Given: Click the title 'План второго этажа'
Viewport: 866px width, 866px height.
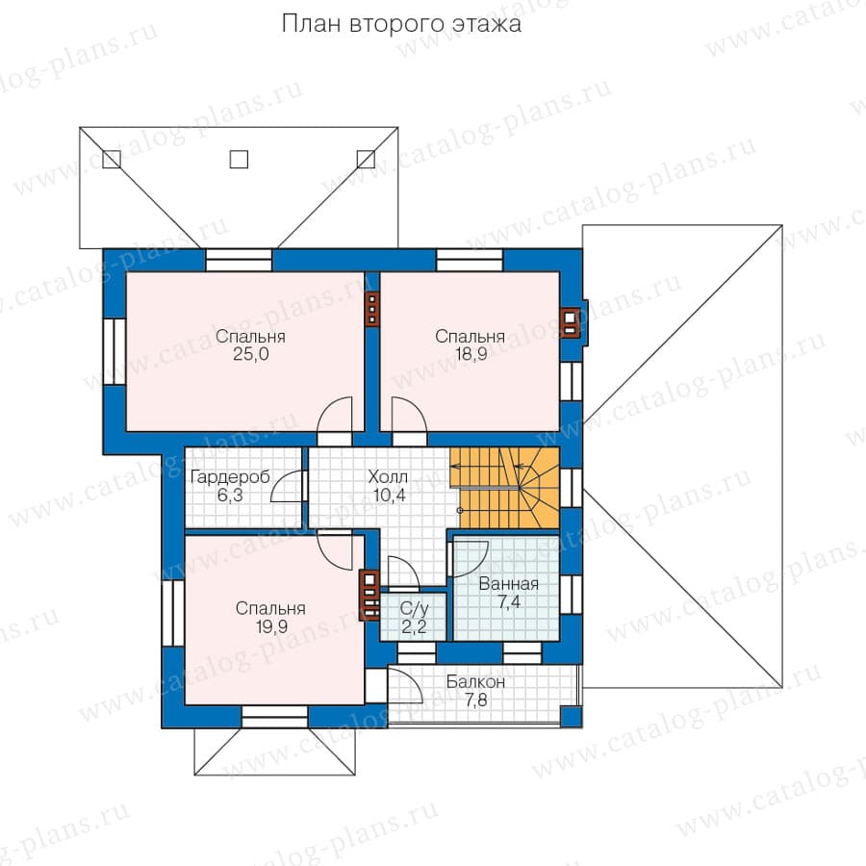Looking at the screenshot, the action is tap(401, 24).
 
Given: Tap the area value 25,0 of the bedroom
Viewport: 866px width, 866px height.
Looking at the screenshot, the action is tap(251, 354).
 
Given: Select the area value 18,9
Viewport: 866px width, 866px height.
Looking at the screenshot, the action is tap(471, 354).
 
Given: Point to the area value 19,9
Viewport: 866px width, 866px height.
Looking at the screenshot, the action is tap(271, 626).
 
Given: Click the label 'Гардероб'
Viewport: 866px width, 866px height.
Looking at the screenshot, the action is tap(230, 477).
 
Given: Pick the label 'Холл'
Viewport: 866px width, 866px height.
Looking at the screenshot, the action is tap(388, 476).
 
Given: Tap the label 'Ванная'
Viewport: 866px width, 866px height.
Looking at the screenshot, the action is tap(509, 584).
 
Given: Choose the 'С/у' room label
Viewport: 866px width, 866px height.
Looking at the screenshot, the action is tap(414, 609).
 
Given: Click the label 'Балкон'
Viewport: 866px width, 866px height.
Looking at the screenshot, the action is tap(475, 682).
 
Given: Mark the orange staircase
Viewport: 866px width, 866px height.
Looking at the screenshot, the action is tap(505, 488).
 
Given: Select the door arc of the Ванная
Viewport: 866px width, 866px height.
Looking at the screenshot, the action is tap(470, 559).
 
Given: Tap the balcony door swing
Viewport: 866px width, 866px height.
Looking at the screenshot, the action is tap(405, 685).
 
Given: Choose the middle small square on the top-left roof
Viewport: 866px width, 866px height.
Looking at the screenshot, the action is tap(239, 159).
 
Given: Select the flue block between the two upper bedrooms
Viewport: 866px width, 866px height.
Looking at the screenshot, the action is tap(372, 309).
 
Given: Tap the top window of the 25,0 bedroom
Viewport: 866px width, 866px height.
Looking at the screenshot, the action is tap(239, 260).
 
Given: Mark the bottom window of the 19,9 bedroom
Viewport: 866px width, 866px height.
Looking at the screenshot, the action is tap(274, 717).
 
